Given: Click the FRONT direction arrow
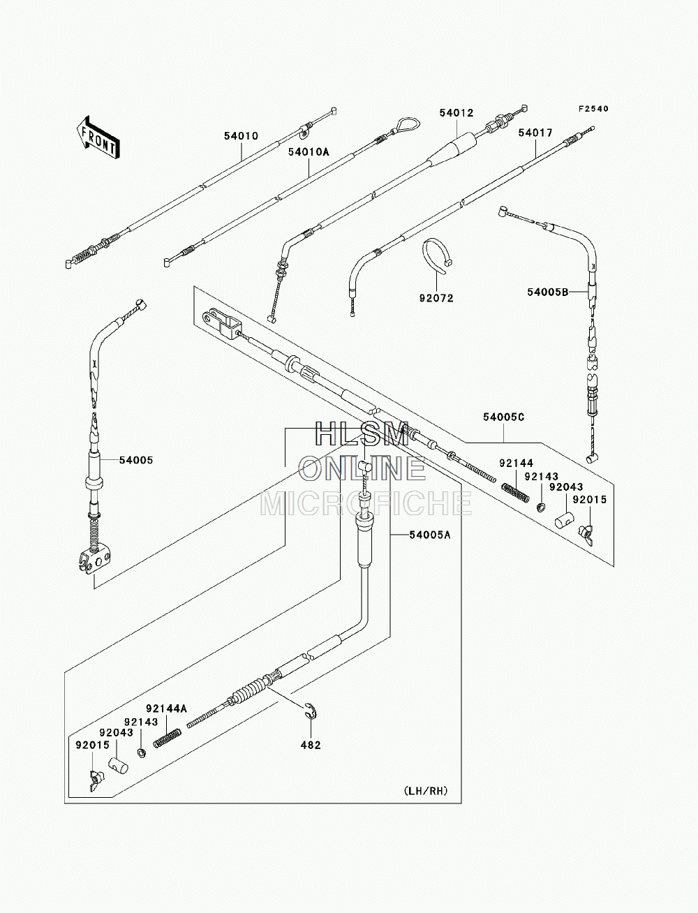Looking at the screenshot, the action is [98, 137].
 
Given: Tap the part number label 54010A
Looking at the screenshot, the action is [309, 152].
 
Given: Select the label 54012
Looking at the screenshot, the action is [456, 112].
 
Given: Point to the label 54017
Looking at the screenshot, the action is [535, 133].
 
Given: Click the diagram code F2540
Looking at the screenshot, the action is [593, 109].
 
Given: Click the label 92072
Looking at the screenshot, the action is [436, 298].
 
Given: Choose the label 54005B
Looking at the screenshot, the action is [547, 292].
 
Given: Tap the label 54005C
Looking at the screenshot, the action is [504, 417].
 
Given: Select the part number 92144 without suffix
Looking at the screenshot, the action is [517, 463].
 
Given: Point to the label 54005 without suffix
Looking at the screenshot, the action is [136, 460].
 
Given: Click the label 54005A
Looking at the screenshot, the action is [430, 535].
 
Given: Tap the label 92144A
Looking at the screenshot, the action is [166, 708].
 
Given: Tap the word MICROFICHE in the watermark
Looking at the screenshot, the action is [366, 503].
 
